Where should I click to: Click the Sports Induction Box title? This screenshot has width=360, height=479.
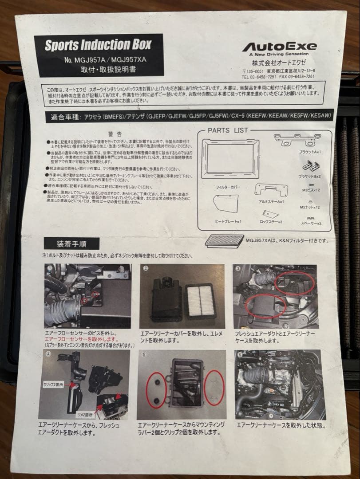(98, 45)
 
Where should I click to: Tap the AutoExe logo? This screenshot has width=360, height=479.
(279, 47)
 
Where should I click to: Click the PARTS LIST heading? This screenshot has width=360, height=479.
(228, 130)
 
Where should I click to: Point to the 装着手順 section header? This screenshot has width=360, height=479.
(71, 243)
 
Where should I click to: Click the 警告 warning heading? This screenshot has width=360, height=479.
(115, 133)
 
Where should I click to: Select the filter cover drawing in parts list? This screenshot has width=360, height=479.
(230, 158)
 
